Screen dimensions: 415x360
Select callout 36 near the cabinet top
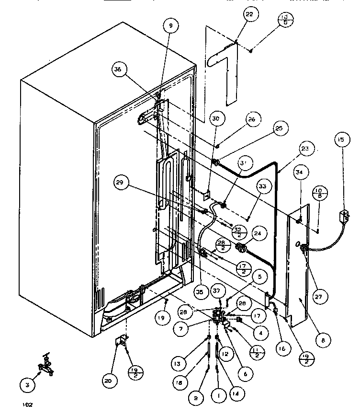tap(117, 69)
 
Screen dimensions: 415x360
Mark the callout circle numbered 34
tap(300, 172)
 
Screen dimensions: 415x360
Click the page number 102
tap(27, 405)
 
